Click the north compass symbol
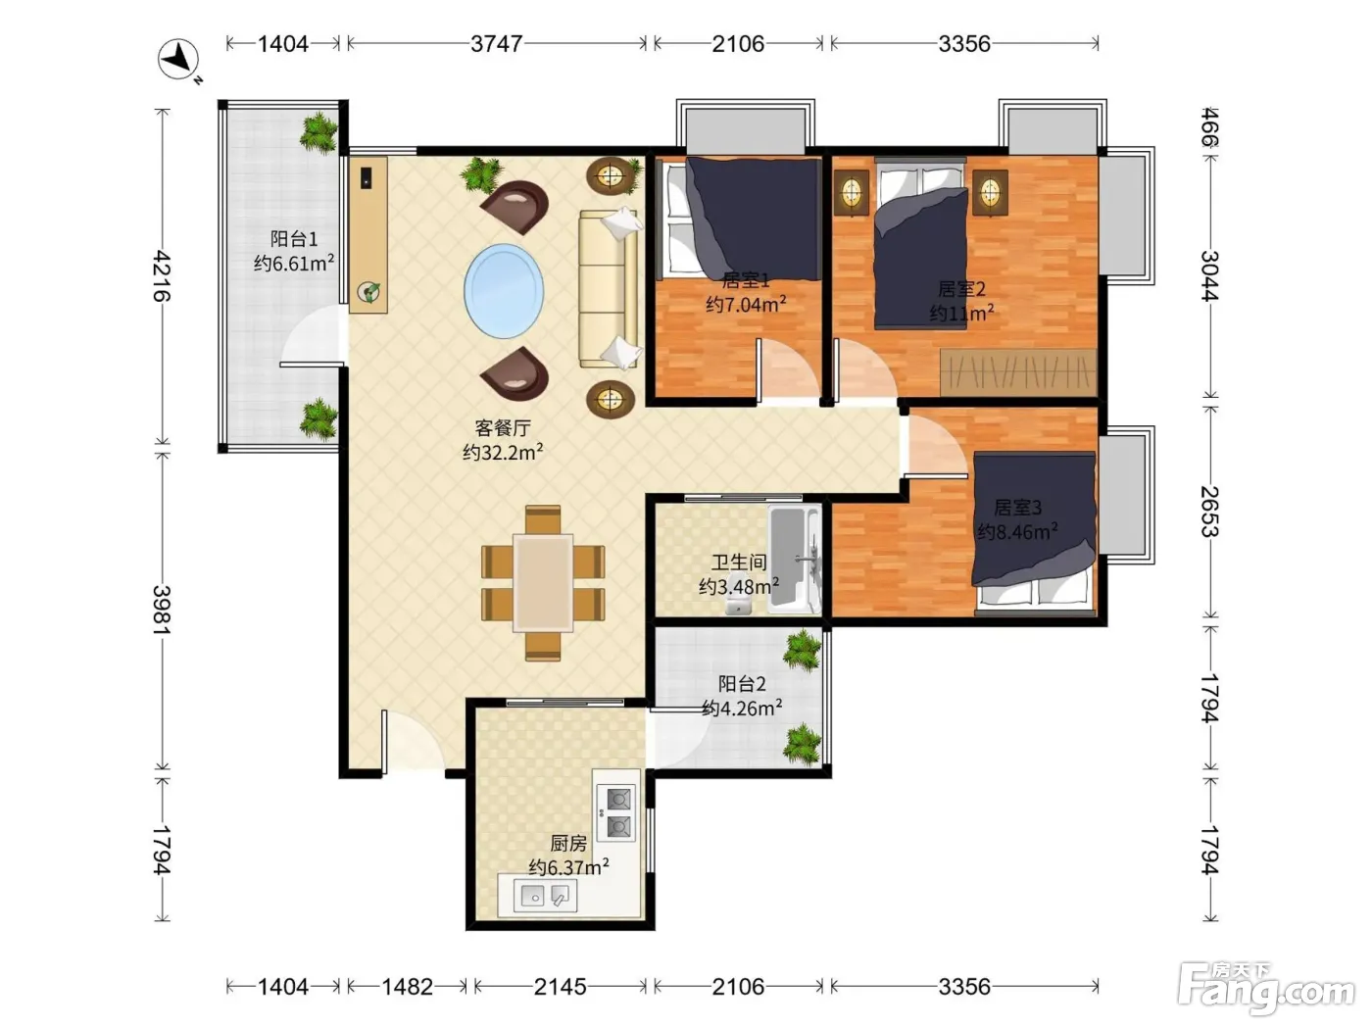click(x=178, y=61)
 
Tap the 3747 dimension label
click(x=496, y=44)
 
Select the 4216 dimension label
click(x=162, y=275)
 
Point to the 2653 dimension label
click(x=1210, y=511)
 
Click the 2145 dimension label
click(x=560, y=987)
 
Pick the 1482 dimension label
click(x=407, y=987)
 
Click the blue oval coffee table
click(x=504, y=290)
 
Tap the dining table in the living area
click(x=543, y=582)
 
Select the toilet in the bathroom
click(x=739, y=602)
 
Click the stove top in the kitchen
click(x=616, y=812)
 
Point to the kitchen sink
click(x=545, y=897)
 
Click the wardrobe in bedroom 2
click(x=1018, y=372)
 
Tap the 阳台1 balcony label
click(x=294, y=238)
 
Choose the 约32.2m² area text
click(x=503, y=451)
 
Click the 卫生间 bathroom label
click(x=739, y=562)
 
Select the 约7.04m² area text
click(x=746, y=304)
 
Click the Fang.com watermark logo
click(x=1265, y=990)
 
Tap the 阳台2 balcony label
click(x=741, y=683)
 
